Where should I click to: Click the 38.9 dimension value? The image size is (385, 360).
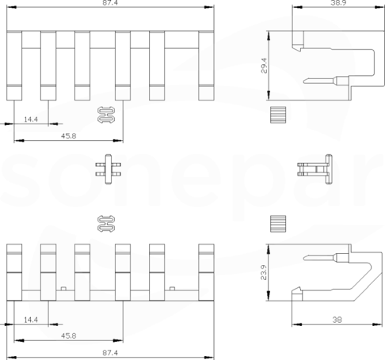(x=338, y=2)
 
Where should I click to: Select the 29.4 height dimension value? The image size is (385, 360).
(x=264, y=66)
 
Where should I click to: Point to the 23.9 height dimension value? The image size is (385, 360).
(x=264, y=272)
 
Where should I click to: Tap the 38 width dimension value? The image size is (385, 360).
(x=337, y=320)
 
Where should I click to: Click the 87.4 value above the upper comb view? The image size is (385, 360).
(x=110, y=2)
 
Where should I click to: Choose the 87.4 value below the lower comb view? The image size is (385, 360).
(x=110, y=353)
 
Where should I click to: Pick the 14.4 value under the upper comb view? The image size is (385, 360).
(x=31, y=119)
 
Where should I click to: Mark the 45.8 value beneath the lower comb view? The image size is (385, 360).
(x=69, y=335)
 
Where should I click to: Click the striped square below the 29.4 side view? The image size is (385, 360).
(x=278, y=115)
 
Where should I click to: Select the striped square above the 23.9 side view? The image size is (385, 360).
(x=278, y=224)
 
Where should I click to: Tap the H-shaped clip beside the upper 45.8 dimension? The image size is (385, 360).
(x=106, y=115)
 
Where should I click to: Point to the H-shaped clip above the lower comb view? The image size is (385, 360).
(x=106, y=224)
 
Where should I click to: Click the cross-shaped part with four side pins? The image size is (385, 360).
(x=109, y=169)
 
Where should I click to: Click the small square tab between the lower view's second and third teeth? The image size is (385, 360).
(x=63, y=289)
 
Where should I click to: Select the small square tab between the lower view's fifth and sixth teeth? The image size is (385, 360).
(x=172, y=289)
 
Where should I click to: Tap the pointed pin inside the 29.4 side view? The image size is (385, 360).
(x=326, y=81)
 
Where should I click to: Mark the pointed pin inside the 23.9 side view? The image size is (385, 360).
(x=326, y=257)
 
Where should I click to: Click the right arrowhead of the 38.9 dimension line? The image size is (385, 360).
(x=379, y=7)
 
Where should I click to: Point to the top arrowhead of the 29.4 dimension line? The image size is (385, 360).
(x=269, y=36)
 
